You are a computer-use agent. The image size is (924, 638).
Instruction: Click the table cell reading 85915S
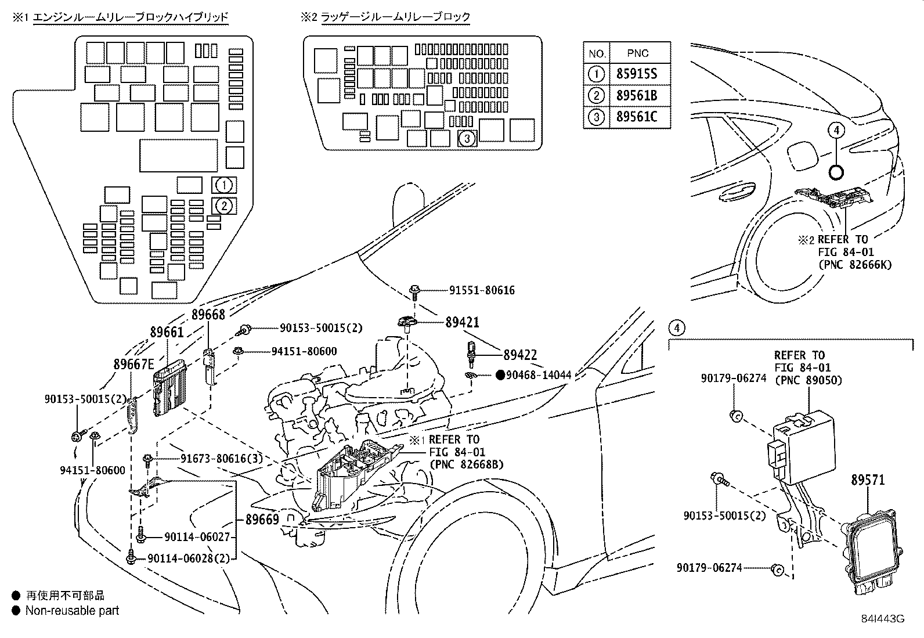click(637, 74)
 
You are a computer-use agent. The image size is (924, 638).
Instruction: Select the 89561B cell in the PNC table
click(637, 95)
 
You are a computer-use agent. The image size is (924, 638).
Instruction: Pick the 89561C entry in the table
click(637, 117)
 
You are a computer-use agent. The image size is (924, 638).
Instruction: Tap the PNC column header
click(638, 53)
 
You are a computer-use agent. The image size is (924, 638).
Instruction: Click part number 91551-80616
click(482, 290)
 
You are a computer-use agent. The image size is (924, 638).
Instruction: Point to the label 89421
click(462, 322)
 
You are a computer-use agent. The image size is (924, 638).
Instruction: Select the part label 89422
click(520, 355)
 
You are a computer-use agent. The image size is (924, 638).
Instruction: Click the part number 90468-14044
click(539, 374)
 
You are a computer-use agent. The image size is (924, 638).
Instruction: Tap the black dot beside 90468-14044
click(500, 374)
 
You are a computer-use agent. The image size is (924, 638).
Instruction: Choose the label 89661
click(167, 332)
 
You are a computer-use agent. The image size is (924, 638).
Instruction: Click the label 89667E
click(133, 364)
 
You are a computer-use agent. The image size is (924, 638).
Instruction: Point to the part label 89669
click(262, 519)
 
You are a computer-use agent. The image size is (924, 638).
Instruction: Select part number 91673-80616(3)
click(222, 459)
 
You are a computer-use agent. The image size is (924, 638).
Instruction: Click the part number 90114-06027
click(197, 537)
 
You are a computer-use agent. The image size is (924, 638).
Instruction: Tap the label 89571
click(868, 480)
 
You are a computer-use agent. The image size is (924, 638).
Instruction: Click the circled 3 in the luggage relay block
click(467, 139)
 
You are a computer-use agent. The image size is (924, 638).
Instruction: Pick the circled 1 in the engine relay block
click(224, 185)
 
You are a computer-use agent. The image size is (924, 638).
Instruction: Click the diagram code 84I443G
click(883, 619)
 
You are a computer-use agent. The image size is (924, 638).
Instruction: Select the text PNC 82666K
click(856, 265)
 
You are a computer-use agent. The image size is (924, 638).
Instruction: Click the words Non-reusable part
click(72, 610)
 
